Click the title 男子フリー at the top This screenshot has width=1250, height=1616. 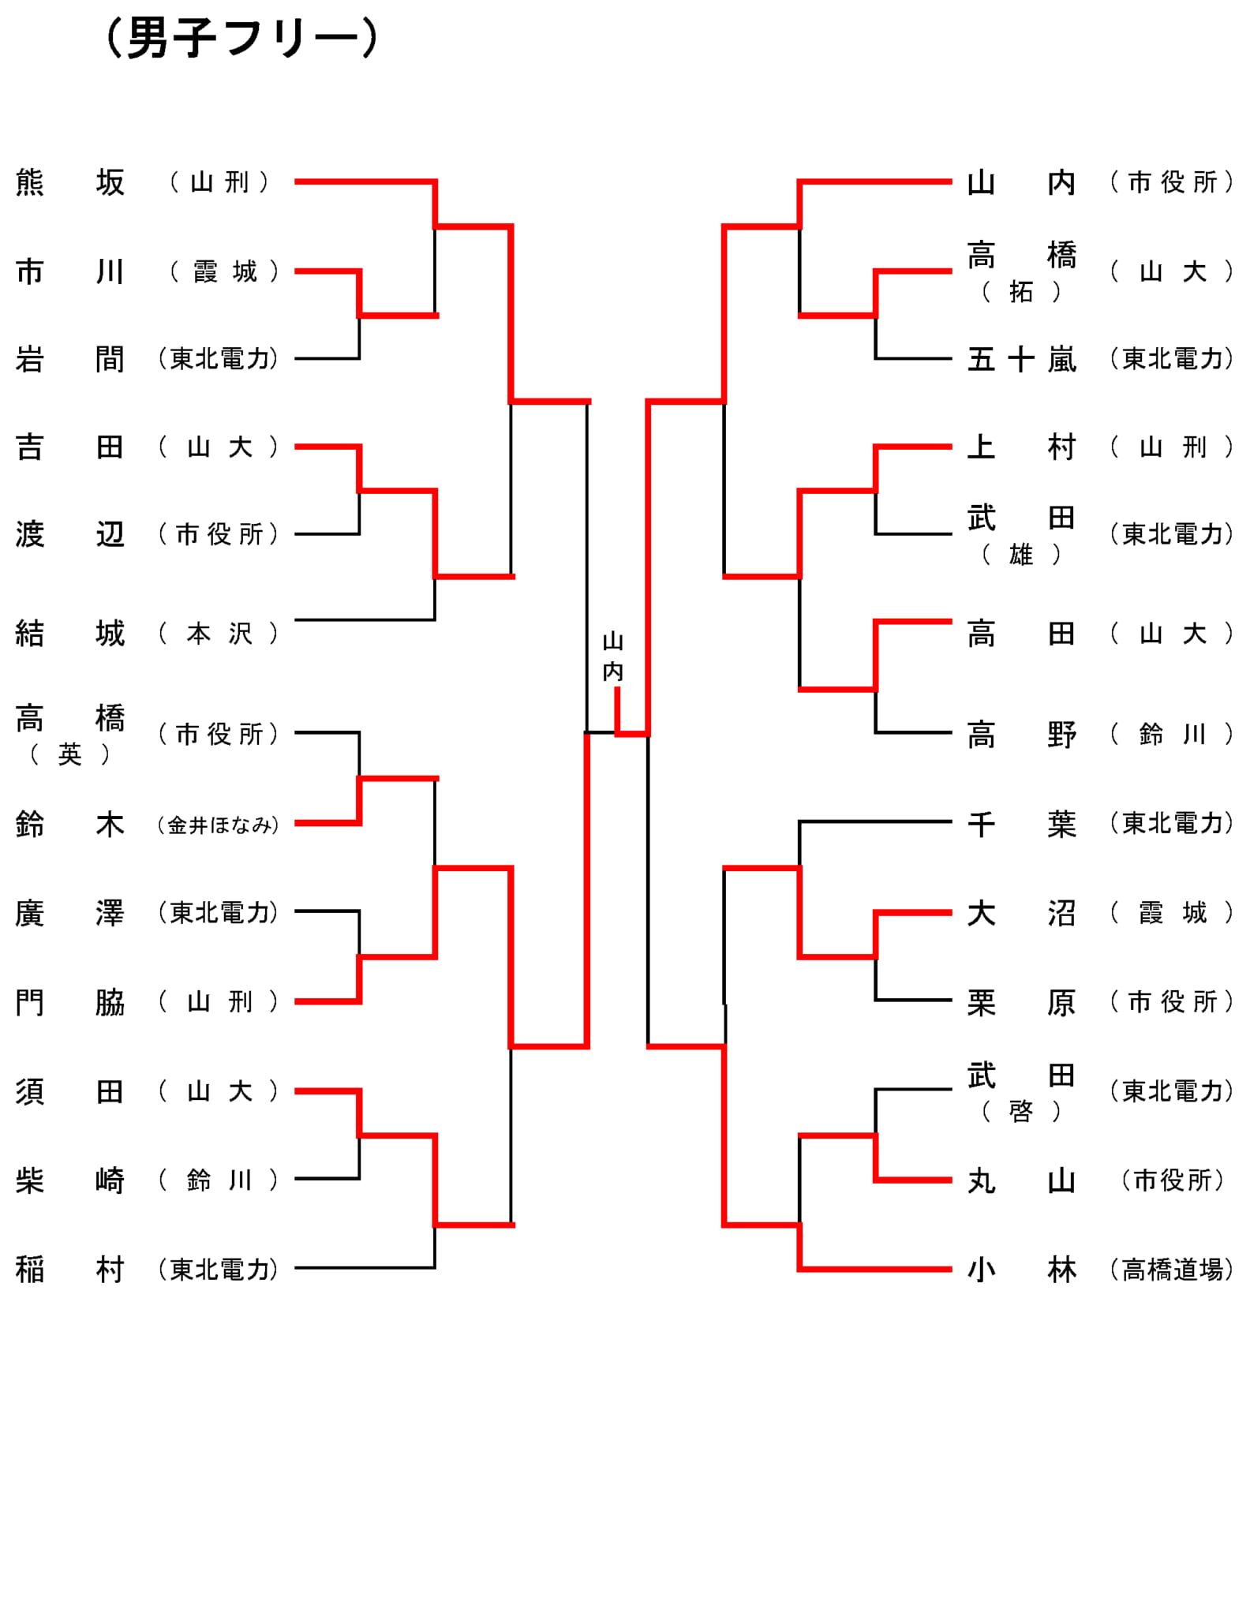242,39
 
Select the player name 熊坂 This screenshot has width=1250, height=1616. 70,182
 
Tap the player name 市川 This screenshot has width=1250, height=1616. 70,271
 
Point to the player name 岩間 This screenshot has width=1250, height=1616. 70,359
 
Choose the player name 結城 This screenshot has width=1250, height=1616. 70,633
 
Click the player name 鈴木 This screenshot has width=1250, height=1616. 70,825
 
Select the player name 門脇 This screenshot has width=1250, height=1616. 70,1002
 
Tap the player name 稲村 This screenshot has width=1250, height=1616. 70,1270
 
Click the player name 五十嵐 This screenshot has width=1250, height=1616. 1022,360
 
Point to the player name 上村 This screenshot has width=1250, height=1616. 1022,447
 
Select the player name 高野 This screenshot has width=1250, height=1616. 1022,735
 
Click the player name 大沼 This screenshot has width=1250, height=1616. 1022,913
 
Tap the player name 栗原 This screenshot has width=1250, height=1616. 1022,1002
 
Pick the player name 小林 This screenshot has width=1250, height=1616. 1022,1270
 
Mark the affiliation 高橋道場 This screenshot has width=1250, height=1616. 1172,1270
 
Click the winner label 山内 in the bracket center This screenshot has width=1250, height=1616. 613,656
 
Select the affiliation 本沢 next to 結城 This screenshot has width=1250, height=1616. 219,633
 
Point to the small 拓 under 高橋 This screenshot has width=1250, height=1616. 1021,292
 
